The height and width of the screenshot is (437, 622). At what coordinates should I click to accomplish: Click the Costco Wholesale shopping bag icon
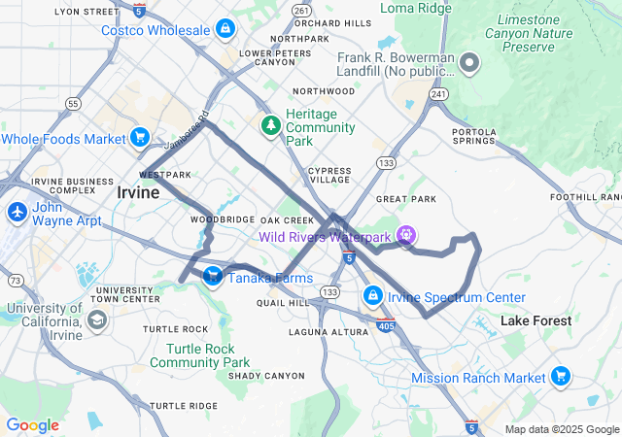225,30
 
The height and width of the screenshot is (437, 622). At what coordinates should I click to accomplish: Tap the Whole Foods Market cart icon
141,139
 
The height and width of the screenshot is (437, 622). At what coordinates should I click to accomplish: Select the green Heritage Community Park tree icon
271,125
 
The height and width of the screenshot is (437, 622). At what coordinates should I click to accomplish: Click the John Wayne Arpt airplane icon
17,211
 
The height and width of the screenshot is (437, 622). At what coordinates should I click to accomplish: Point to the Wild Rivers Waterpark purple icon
405,236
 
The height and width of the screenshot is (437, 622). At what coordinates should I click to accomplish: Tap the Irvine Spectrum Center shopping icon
372,294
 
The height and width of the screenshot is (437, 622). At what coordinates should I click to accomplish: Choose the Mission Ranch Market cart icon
560,376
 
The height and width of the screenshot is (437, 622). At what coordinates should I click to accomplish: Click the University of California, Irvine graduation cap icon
96,319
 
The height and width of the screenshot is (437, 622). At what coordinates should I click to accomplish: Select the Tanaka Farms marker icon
212,278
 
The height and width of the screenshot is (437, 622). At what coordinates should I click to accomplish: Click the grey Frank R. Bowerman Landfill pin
469,64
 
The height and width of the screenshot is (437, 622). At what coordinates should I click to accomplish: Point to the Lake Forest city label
536,320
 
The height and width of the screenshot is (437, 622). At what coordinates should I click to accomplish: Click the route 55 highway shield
73,102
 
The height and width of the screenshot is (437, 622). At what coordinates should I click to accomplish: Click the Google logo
32,424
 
